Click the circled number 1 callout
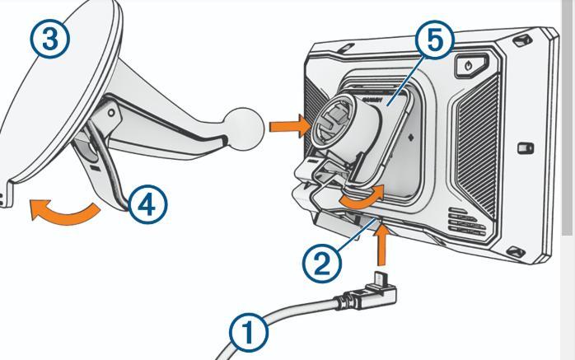tap(249, 333)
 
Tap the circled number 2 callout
tap(322, 264)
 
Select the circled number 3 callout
tap(50, 39)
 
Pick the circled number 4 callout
tap(147, 204)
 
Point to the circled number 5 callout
tap(435, 40)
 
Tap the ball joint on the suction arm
tap(245, 129)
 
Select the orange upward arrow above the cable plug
tap(381, 244)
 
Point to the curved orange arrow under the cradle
tap(361, 198)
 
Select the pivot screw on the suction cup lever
tap(111, 113)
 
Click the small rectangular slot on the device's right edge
tap(526, 148)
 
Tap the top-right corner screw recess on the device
tap(521, 40)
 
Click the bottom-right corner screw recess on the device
tap(515, 252)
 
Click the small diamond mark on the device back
tap(411, 138)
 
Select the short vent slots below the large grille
tap(467, 220)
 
